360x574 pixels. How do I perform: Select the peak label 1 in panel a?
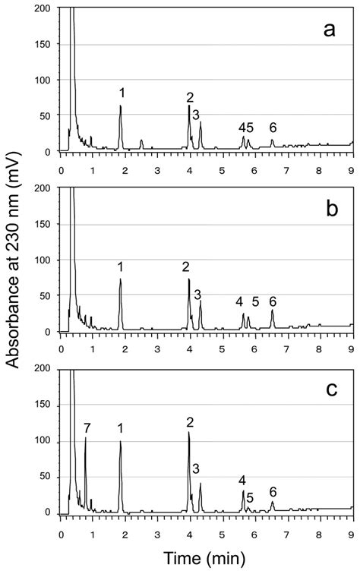(122, 93)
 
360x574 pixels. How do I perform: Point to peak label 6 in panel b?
(273, 301)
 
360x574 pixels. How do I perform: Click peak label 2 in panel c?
(190, 421)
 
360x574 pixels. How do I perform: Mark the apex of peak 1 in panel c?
(120, 442)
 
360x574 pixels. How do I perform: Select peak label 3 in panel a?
(196, 115)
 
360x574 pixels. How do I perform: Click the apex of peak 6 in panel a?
(272, 140)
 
